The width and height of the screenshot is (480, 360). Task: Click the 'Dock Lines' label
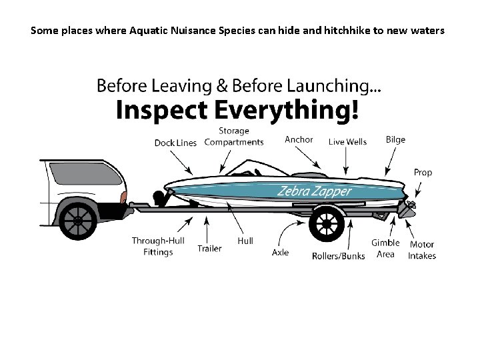click(175, 143)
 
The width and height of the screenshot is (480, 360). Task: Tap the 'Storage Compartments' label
click(233, 137)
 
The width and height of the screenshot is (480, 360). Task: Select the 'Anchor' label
click(299, 139)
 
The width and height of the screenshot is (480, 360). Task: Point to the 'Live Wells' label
click(347, 142)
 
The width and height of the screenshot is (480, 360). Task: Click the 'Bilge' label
click(395, 139)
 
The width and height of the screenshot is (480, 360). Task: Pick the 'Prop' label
click(423, 172)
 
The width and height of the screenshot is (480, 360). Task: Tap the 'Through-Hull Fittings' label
click(158, 247)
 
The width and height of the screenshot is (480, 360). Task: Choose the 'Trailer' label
click(209, 249)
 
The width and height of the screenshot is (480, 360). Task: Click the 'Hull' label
click(245, 241)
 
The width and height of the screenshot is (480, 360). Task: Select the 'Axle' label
click(281, 253)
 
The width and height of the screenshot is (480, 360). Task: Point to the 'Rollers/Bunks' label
click(338, 256)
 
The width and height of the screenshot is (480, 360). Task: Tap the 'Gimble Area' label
click(385, 249)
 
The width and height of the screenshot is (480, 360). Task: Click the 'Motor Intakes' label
click(422, 250)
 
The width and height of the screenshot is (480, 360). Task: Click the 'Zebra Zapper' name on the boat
click(314, 192)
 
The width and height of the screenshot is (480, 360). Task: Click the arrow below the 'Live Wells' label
click(347, 161)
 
